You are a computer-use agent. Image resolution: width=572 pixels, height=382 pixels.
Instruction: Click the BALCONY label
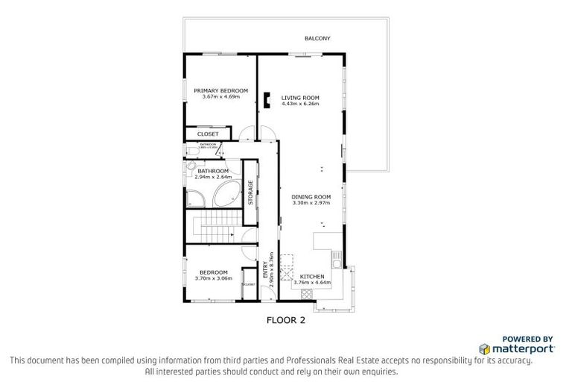click(317, 38)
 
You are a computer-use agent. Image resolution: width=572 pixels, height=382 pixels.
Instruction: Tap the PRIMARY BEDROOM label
click(220, 90)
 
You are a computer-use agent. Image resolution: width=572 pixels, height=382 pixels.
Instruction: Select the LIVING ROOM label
click(300, 98)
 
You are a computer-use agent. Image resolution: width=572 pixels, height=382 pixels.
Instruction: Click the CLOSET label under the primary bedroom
click(208, 134)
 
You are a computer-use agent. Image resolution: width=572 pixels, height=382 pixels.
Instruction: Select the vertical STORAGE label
click(250, 192)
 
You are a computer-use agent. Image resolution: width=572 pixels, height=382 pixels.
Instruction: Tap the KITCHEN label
click(311, 276)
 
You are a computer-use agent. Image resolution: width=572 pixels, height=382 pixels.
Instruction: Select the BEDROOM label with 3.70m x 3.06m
click(213, 272)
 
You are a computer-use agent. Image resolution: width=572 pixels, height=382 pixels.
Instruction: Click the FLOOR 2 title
click(287, 322)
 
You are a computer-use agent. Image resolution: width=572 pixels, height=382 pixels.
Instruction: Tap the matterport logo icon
click(483, 348)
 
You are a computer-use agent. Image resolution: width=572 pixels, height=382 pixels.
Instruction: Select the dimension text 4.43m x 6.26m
click(300, 104)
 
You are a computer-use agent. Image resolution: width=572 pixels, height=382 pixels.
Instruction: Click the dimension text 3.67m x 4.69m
click(220, 96)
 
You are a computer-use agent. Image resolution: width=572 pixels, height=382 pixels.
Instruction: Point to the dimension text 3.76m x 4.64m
click(311, 282)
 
